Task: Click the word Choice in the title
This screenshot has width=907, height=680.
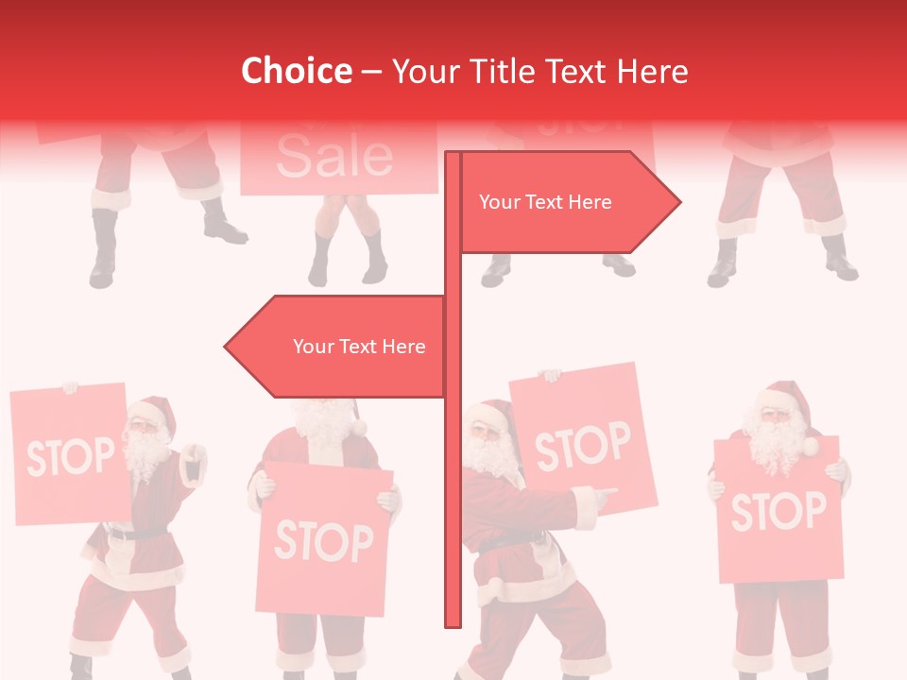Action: (x=296, y=71)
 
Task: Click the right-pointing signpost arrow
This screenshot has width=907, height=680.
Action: (x=567, y=201)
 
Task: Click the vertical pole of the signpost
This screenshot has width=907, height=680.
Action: (x=453, y=472)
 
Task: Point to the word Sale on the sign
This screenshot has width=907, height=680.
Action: (x=334, y=157)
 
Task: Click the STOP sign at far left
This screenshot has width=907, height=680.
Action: (x=70, y=455)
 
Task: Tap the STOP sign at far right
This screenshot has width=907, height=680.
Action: (x=778, y=511)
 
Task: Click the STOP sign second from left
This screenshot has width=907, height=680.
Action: (x=323, y=539)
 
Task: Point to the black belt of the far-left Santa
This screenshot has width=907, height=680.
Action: (x=132, y=534)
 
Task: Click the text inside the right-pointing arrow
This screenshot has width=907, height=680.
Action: (x=545, y=202)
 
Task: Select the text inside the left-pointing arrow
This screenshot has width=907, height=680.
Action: (x=359, y=347)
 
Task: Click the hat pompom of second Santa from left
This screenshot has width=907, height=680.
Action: (x=358, y=428)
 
